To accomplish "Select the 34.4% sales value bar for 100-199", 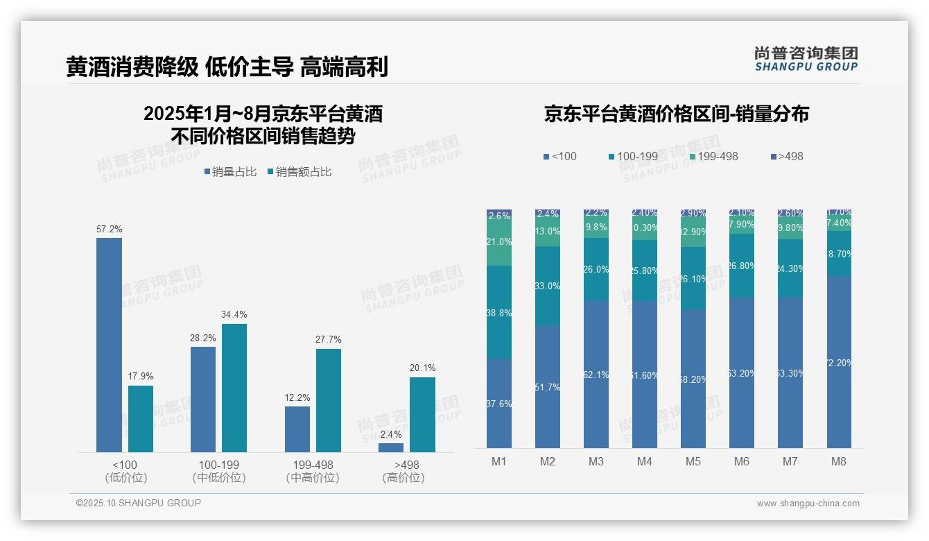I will click(234, 388).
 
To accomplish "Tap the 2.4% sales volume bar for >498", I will click(391, 447).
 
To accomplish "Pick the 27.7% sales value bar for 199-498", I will click(329, 400).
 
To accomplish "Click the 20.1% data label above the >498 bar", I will click(422, 368).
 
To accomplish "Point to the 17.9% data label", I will click(140, 376).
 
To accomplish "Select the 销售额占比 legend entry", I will click(299, 172).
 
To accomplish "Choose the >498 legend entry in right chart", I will click(786, 157).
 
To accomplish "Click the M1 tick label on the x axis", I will click(498, 462).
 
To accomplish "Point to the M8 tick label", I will click(838, 462).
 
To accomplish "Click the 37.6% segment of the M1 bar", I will click(499, 403).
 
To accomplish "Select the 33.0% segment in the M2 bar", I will click(548, 286).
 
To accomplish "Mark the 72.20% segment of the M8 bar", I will click(839, 362).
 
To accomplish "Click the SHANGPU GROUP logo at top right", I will click(806, 59).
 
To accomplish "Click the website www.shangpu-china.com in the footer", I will click(808, 504).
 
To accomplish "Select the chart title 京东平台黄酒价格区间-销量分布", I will click(676, 114).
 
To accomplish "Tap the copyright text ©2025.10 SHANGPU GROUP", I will click(139, 503).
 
